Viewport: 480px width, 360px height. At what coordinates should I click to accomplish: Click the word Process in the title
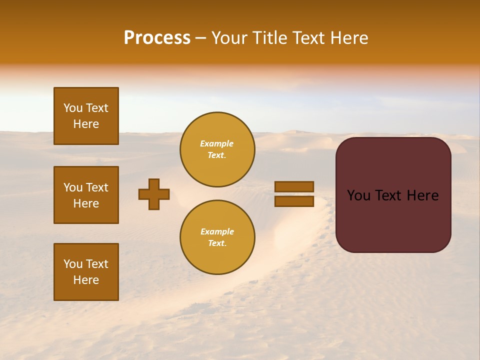coord(157,38)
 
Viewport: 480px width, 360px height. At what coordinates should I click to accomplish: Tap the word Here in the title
coord(348,38)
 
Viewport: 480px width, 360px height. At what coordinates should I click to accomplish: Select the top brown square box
coord(86,116)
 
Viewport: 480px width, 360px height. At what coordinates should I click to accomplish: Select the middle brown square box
coord(86,195)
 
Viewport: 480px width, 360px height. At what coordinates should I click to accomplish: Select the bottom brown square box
coord(86,272)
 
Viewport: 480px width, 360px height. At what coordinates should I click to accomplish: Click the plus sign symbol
coord(154,194)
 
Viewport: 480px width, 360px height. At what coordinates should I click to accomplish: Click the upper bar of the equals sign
coord(294,186)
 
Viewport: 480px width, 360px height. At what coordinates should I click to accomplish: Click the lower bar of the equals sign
coord(294,201)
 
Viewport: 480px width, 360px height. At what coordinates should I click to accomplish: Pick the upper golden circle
coord(217,149)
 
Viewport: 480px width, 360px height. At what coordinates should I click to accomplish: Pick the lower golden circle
coord(217,237)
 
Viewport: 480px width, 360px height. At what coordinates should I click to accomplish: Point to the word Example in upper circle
coord(216,144)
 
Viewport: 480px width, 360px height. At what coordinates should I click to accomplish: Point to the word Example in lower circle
coord(217,232)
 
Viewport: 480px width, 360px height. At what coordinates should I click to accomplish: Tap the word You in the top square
coord(73,108)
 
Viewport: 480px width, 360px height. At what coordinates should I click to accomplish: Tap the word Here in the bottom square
coord(86,280)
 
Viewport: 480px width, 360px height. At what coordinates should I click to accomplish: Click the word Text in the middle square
coord(96,187)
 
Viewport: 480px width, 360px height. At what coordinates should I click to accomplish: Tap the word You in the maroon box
coord(358,195)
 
